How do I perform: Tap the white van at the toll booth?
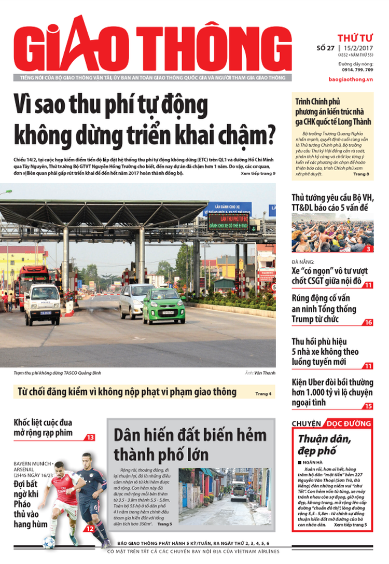tap(43, 304)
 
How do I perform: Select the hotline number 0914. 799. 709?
tap(357, 70)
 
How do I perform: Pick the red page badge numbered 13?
tap(90, 437)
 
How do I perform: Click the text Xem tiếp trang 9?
tap(258, 173)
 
